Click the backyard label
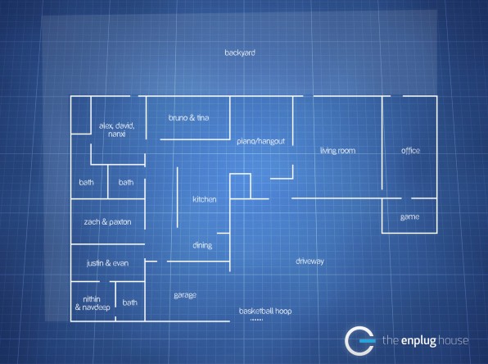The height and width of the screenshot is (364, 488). coord(240,52)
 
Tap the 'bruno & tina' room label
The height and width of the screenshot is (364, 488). coord(188,118)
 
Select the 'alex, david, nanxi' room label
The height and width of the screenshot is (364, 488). coord(117,130)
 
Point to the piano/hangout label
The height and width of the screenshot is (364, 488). coord(261,141)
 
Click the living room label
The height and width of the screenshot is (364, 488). coord(337,151)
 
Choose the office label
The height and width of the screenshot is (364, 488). coord(410,151)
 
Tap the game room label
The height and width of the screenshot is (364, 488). coord(409,216)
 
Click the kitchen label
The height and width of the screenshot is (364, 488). coord(204,199)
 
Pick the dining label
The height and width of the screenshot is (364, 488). coord(202,245)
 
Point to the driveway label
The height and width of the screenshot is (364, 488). coord(310,262)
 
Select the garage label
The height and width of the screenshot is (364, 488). coord(185,295)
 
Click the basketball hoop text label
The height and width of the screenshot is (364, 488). coord(265,311)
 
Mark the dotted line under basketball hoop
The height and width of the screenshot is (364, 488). coord(257,320)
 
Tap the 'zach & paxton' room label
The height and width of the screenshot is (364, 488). coord(107,222)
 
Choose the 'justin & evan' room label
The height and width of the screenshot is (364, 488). coord(107,263)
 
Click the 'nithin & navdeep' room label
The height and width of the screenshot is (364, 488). coord(93,303)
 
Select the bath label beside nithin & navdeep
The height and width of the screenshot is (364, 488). coord(130,303)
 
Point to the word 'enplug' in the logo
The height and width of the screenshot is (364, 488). coord(418,340)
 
